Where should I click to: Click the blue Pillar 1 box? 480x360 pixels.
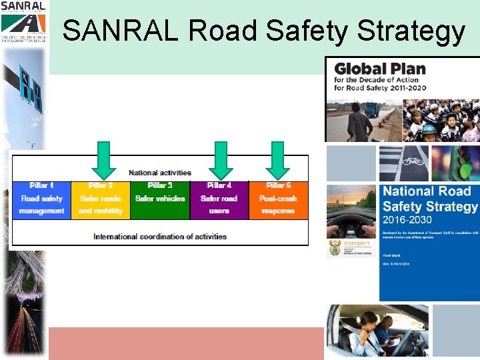coord(41,199)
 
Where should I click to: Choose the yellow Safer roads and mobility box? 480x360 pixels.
coord(100,199)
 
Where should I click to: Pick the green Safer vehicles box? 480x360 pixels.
coord(160,199)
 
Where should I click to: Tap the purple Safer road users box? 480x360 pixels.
coord(219,199)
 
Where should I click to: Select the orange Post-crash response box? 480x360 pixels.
coord(278,199)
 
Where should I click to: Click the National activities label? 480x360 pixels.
coord(160,173)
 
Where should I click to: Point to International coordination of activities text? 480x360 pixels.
coord(160,236)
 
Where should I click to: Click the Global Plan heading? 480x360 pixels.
coord(379,69)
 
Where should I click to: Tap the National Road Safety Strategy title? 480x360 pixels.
coord(427,199)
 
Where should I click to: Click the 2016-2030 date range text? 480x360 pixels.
coord(407,219)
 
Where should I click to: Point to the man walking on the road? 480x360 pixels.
coord(359,120)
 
